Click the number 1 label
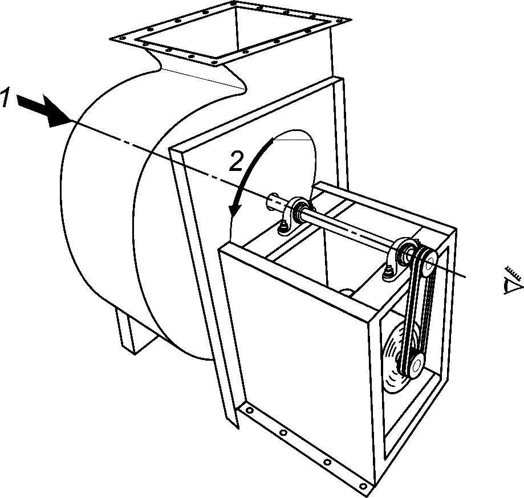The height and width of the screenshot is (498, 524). click(5, 98)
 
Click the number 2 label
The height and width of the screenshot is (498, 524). click(236, 162)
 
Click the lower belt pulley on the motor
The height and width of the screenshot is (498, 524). click(414, 365)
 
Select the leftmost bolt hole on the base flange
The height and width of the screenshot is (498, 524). click(250, 410)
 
